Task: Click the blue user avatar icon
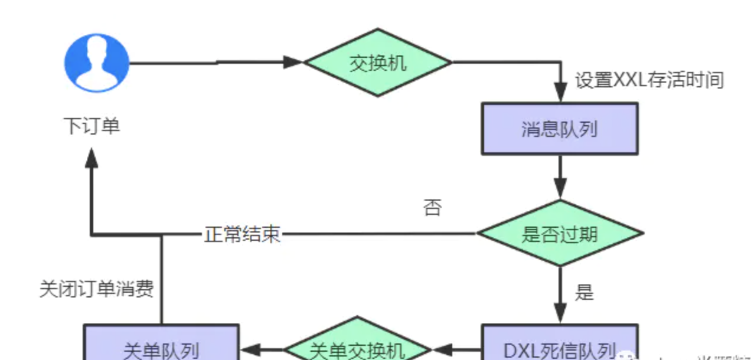coord(96,63)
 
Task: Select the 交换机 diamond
coord(378,62)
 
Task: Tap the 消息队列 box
coord(559,129)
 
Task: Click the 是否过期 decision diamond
coord(559,234)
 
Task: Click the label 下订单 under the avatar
coord(92,126)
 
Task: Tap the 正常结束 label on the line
coord(242,234)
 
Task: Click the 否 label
coord(432,208)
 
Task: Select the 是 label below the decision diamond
coord(584,292)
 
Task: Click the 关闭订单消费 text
coord(96,289)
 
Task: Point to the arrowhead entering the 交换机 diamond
coord(293,62)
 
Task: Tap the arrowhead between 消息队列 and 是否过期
coord(560,190)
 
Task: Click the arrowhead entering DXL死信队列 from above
coord(560,313)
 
